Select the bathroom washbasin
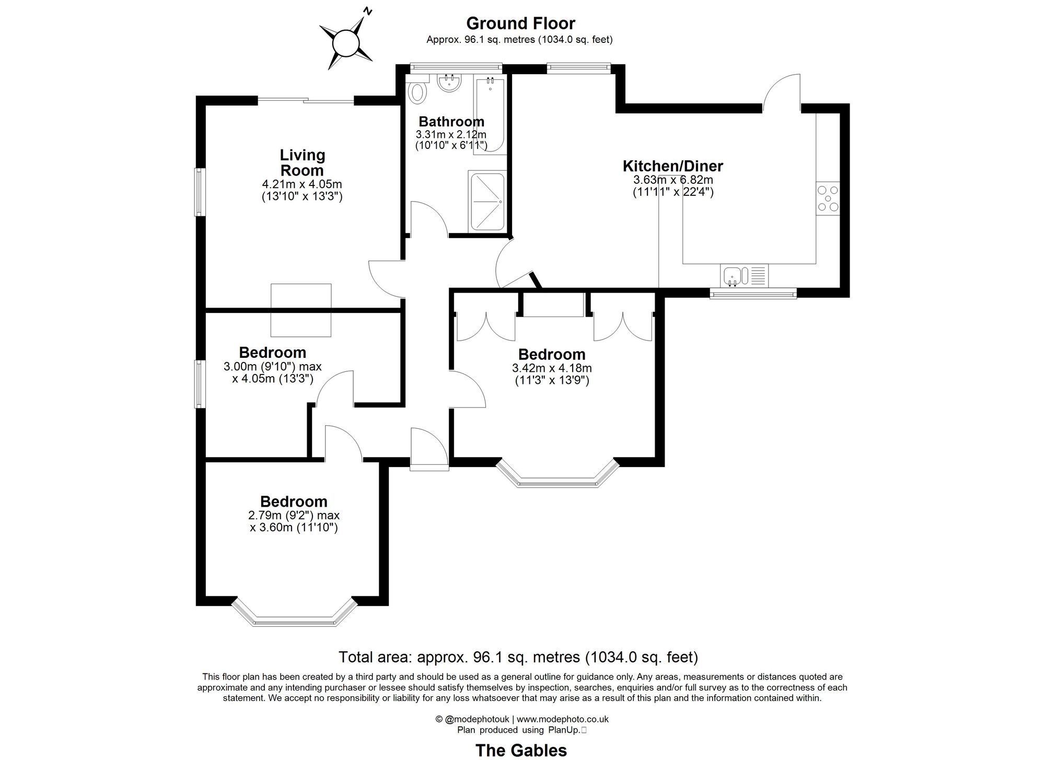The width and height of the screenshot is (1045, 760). (449, 83)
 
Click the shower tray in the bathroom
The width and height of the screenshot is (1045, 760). (487, 202)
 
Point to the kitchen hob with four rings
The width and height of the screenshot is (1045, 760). (828, 198)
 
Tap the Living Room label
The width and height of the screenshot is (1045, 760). (303, 162)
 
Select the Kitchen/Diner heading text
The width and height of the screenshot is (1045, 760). (672, 166)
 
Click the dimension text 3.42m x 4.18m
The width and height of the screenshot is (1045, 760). (552, 368)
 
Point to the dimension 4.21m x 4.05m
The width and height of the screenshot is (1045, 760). (302, 184)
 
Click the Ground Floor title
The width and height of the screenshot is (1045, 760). (520, 24)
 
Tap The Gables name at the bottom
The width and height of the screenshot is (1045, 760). (520, 750)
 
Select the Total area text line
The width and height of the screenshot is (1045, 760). (518, 657)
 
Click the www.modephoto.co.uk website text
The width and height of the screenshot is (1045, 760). (563, 719)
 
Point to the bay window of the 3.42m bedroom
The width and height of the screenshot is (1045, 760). (558, 477)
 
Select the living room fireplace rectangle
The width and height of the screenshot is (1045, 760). (301, 310)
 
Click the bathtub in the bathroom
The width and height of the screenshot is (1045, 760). (491, 115)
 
